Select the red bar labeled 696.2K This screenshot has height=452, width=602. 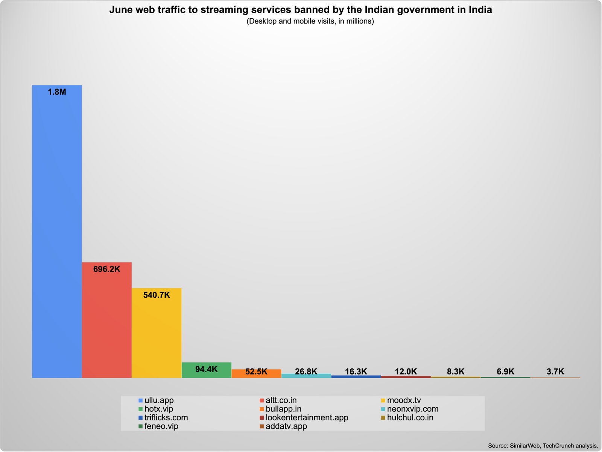[x=107, y=324]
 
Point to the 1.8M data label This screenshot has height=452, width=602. [x=57, y=92]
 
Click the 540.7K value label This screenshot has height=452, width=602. [x=157, y=295]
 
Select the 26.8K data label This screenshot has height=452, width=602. [x=306, y=371]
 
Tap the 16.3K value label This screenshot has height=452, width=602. [x=356, y=371]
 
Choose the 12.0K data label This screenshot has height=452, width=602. [x=406, y=371]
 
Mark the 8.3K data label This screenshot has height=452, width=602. [x=456, y=371]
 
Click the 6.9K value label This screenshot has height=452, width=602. [x=505, y=371]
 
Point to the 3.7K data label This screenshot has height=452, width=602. [x=555, y=371]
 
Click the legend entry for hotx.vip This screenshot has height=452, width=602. [x=158, y=409]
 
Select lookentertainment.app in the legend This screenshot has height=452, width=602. [x=307, y=418]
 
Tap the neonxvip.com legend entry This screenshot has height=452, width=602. [x=412, y=409]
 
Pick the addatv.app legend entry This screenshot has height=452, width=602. [x=286, y=426]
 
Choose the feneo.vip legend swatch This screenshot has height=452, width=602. [x=141, y=426]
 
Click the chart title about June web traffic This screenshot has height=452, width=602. [x=301, y=10]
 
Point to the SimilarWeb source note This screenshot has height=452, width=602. [x=543, y=446]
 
